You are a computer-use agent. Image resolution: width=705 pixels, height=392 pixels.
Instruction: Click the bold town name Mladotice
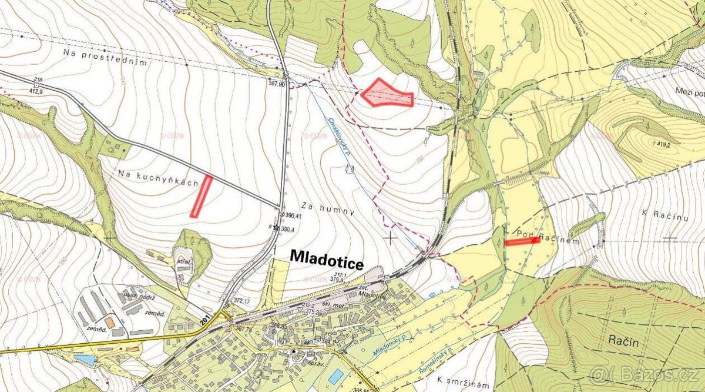pos(327,259)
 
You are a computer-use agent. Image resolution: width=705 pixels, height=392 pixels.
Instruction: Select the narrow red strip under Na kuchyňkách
pos(200,196)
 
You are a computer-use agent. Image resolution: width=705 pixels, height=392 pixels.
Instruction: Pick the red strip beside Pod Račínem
pos(522,241)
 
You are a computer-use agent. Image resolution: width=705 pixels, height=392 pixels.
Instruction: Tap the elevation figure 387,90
pos(276,84)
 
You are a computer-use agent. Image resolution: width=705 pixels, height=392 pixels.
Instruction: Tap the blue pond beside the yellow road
pos(85,359)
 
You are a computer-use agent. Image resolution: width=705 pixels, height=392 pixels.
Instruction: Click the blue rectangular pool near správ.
pos(337,376)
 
